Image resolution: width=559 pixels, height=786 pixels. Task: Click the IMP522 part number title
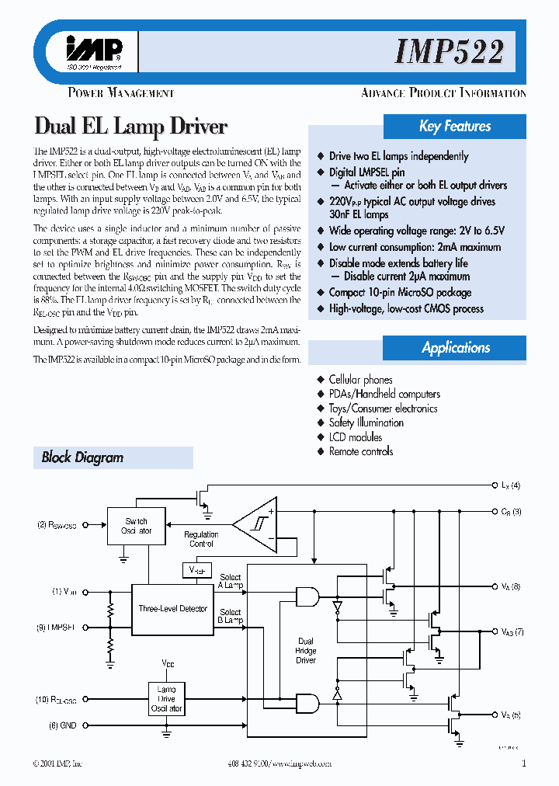pyautogui.click(x=449, y=52)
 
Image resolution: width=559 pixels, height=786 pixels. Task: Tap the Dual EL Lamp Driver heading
pyautogui.click(x=131, y=127)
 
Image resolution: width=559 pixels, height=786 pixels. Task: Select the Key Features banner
pyautogui.click(x=455, y=126)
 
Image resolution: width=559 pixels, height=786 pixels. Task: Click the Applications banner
pyautogui.click(x=455, y=347)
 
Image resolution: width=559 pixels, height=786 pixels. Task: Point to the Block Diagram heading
pyautogui.click(x=82, y=457)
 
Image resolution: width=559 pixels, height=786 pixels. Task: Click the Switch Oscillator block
pyautogui.click(x=136, y=526)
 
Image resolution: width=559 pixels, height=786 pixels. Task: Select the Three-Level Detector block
pyautogui.click(x=172, y=609)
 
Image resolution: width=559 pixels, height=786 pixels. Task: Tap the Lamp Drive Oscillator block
pyautogui.click(x=166, y=698)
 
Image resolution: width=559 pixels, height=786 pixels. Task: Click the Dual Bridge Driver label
pyautogui.click(x=306, y=651)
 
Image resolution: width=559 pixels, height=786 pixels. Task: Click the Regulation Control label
pyautogui.click(x=201, y=539)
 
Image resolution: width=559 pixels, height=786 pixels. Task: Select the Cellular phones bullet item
pyautogui.click(x=360, y=380)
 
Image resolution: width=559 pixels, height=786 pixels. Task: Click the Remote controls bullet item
pyautogui.click(x=360, y=451)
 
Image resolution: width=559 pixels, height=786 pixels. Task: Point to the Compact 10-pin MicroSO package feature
pyautogui.click(x=400, y=293)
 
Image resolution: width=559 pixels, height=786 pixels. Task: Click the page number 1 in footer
pyautogui.click(x=524, y=763)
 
